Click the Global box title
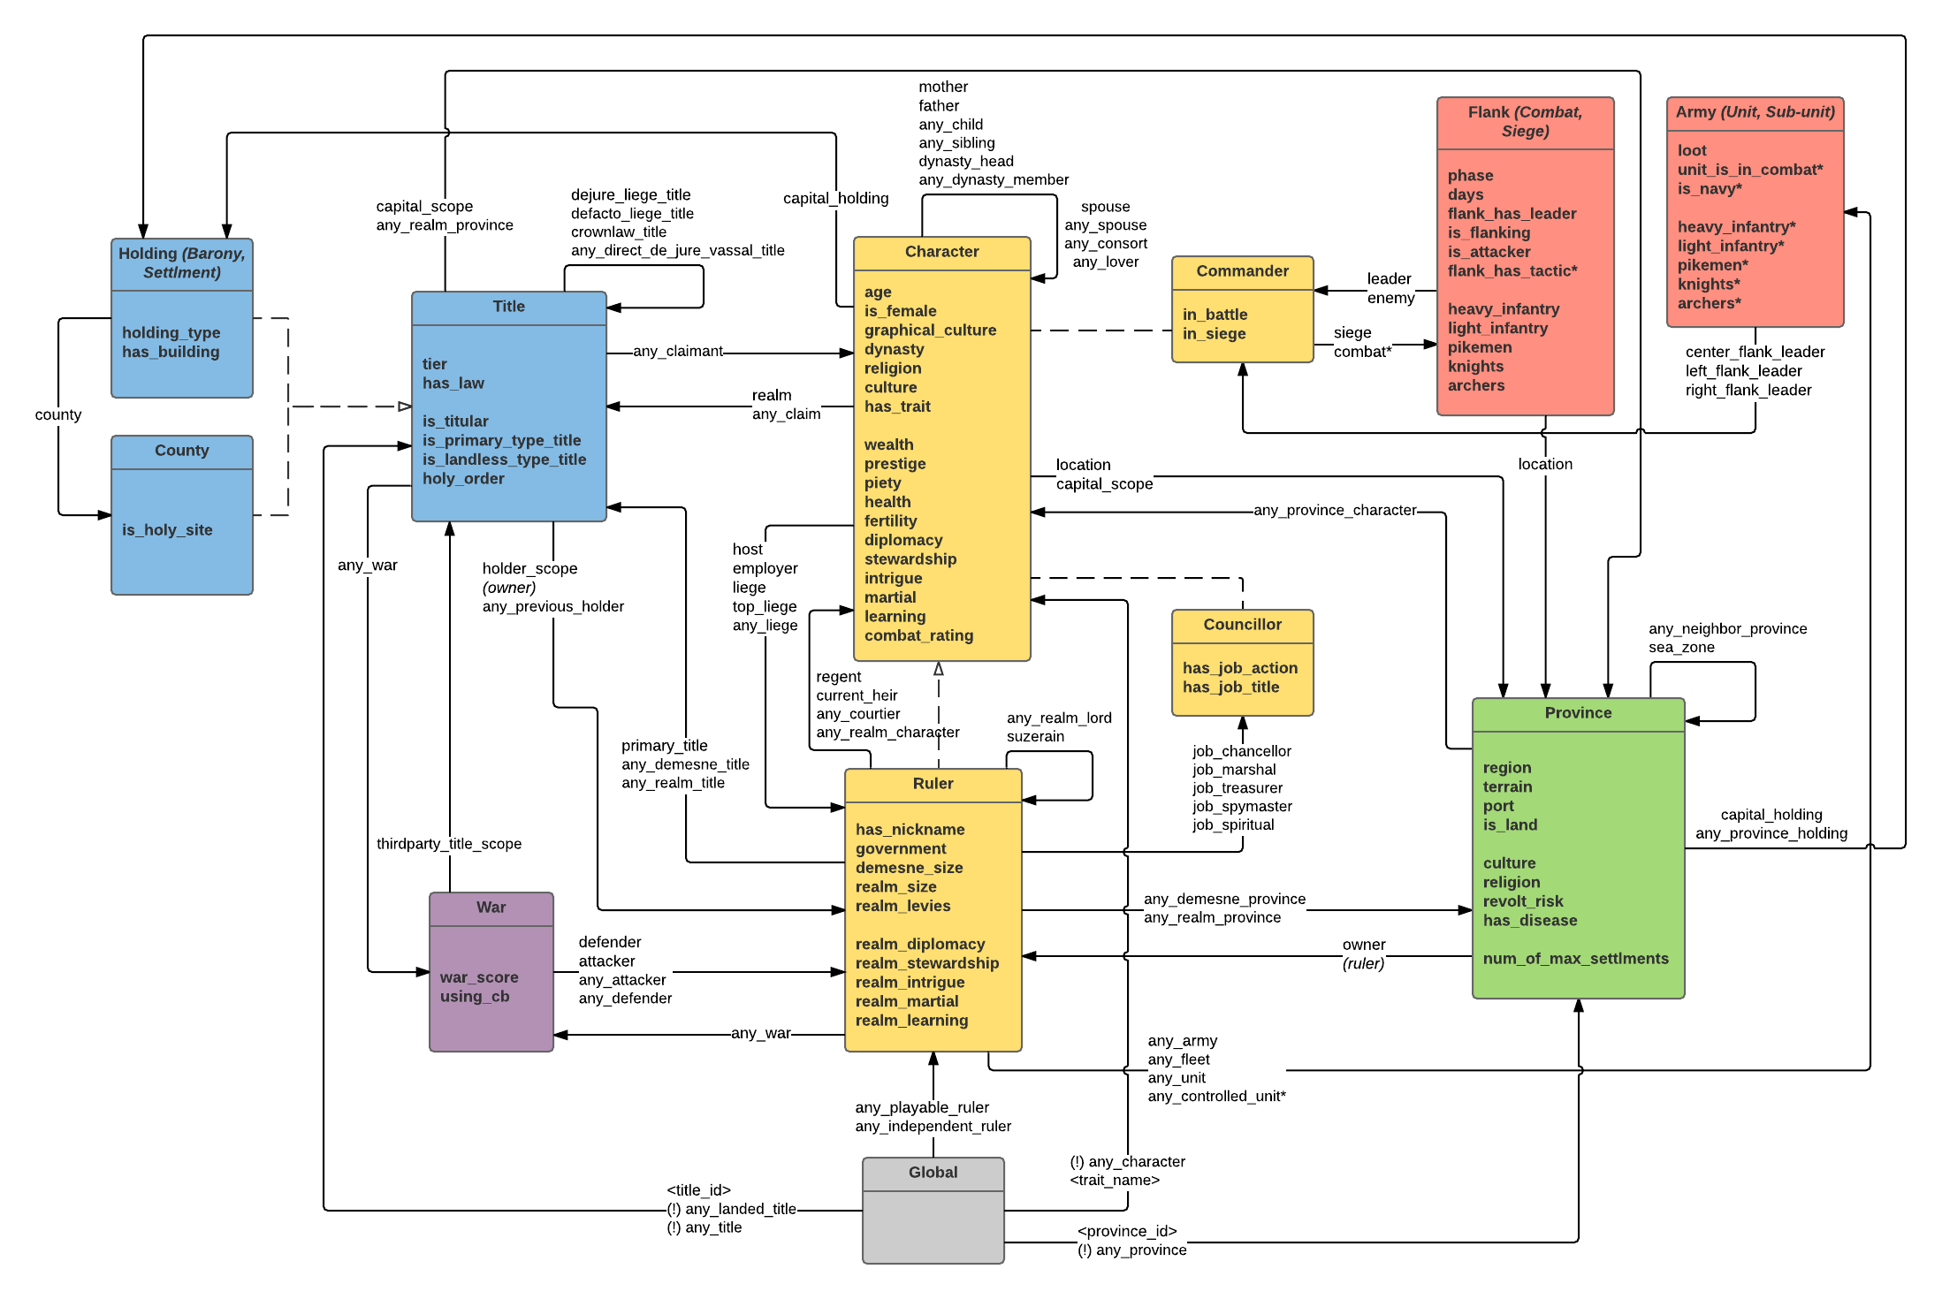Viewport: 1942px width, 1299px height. [x=933, y=1173]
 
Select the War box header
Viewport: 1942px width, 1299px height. [x=491, y=908]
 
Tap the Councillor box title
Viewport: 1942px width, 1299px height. [x=1242, y=625]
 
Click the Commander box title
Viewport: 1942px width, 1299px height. [x=1242, y=271]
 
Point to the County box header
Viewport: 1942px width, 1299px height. [x=181, y=451]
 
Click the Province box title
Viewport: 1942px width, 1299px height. [x=1578, y=713]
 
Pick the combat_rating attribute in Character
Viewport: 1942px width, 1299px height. [x=918, y=635]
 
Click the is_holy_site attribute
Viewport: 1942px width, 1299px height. [x=167, y=530]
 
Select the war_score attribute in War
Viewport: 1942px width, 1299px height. [x=479, y=977]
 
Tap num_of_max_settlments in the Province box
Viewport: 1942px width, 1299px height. [x=1575, y=959]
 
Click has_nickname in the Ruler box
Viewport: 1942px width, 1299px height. [x=910, y=830]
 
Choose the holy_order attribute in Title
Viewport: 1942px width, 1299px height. [x=463, y=479]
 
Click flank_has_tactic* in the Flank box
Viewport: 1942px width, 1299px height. [x=1512, y=271]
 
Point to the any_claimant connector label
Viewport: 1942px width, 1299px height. [x=678, y=352]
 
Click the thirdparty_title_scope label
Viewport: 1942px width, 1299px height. [x=449, y=844]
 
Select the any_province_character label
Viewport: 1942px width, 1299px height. [x=1335, y=510]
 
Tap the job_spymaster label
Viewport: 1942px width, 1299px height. [x=1242, y=807]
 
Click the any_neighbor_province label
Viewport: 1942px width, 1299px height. [x=1727, y=629]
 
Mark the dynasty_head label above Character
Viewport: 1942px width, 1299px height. [x=965, y=162]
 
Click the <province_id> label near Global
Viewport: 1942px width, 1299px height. [x=1127, y=1232]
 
